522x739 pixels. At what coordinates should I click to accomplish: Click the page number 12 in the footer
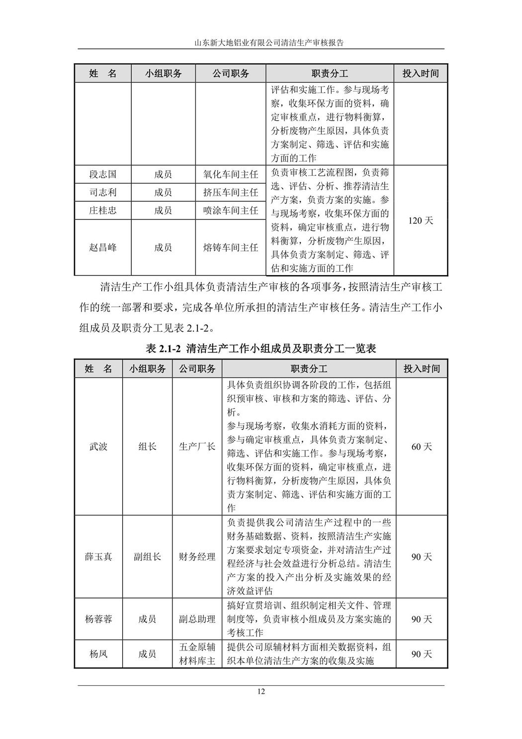coord(261,692)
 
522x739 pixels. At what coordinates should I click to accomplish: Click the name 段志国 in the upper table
coord(103,174)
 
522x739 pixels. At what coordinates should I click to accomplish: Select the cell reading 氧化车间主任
coord(231,174)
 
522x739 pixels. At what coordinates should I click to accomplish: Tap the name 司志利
coord(103,192)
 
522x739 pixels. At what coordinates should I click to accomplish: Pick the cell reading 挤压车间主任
coord(231,192)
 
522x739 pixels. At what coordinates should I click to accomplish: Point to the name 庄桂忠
coord(103,211)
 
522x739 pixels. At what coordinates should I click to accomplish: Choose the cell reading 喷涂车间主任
coord(231,211)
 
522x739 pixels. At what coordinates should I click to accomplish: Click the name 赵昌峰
coord(103,247)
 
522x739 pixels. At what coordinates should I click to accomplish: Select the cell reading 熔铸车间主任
coord(231,247)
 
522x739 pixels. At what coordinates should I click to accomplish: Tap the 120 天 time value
coord(421,220)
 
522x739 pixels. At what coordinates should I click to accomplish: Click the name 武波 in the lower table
coord(98,446)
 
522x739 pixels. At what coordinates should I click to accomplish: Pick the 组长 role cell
coord(147,446)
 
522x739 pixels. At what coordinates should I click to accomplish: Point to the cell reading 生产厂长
coord(197,446)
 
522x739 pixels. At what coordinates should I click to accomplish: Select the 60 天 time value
coord(422,446)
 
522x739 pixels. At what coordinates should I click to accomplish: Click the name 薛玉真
coord(98,556)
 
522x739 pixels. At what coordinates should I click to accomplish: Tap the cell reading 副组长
coord(147,556)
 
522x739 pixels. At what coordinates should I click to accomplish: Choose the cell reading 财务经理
coord(197,556)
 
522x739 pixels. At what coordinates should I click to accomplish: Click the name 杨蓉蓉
coord(98,619)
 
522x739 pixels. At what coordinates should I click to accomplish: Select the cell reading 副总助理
coord(197,619)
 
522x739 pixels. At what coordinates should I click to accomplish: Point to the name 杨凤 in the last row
coord(98,654)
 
